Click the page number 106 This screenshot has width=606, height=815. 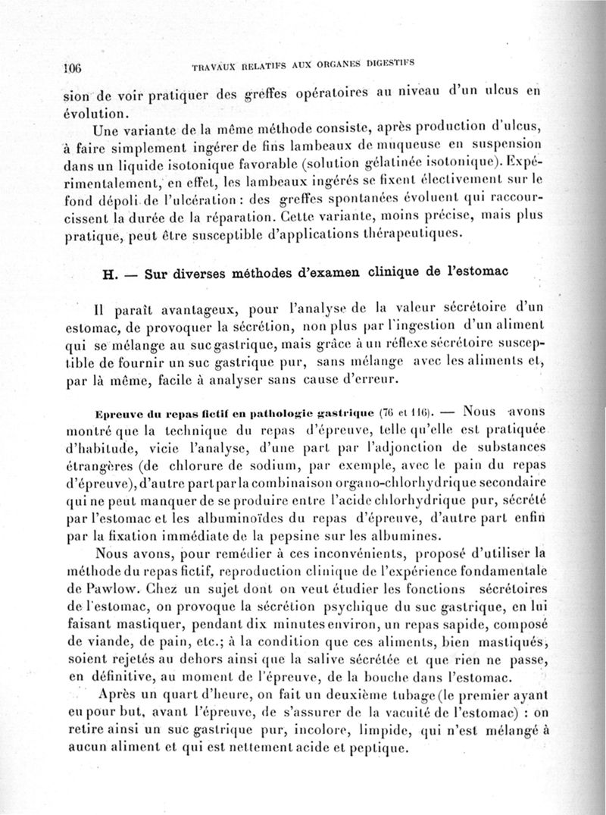pyautogui.click(x=72, y=66)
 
